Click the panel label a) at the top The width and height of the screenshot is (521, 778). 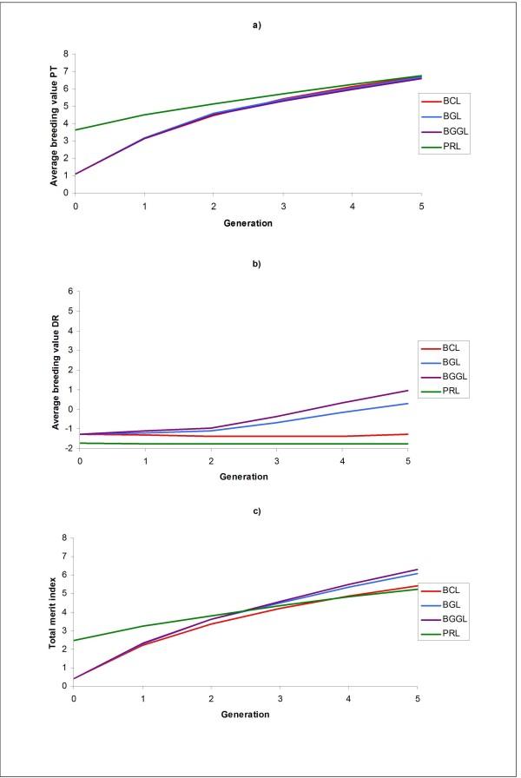pos(256,24)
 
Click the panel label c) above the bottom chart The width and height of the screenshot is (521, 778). pos(256,511)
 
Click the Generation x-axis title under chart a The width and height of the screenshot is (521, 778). pos(248,222)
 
